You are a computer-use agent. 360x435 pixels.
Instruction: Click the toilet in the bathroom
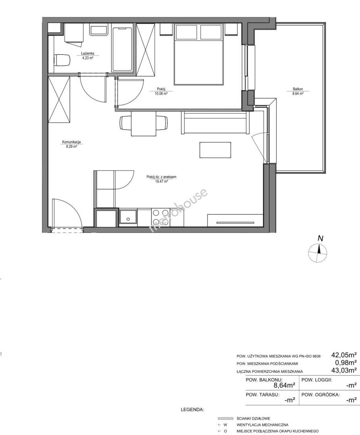pos(62,60)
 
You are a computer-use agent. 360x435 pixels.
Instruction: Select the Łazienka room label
pos(87,53)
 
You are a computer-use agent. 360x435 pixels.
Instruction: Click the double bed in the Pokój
pos(199,54)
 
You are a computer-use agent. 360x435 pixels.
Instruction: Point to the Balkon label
pos(298,89)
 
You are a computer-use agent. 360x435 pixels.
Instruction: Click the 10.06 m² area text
pos(161,94)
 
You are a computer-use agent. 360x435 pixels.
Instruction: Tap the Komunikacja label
pos(71,142)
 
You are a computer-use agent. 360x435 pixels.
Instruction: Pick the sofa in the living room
pos(214,122)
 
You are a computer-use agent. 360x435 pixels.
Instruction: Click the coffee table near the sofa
pos(215,150)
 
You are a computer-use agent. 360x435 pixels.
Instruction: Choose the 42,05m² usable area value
pos(343,355)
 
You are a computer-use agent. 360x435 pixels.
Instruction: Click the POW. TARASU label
pos(262,394)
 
